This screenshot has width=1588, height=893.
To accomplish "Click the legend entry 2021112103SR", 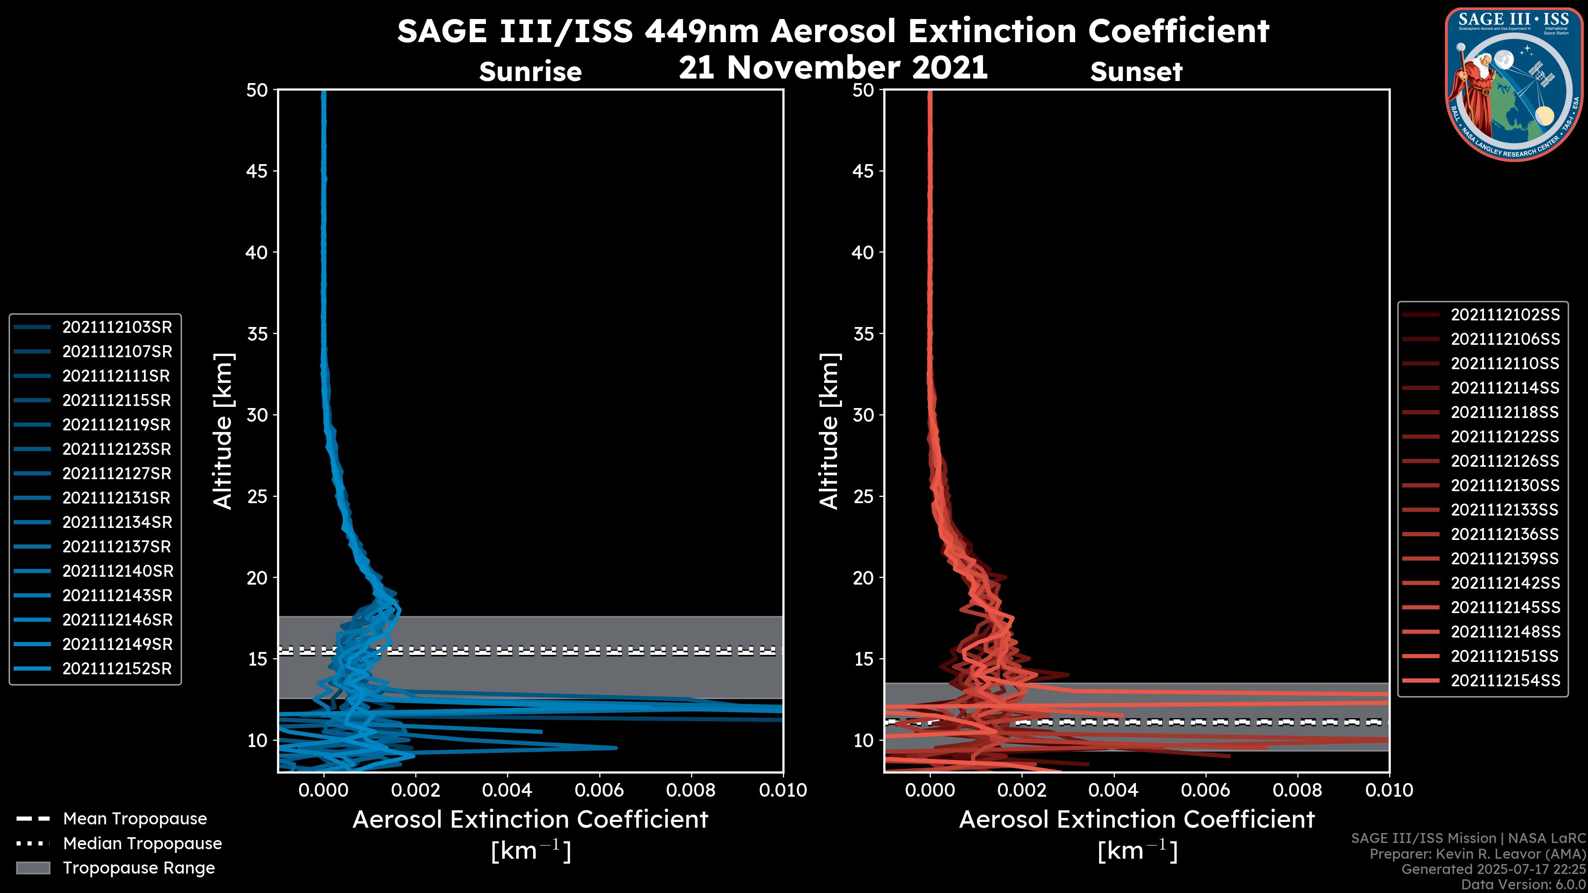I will click(117, 327).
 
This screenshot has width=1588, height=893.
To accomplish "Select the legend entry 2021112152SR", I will click(117, 669).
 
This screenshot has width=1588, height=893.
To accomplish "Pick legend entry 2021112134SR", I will click(117, 523).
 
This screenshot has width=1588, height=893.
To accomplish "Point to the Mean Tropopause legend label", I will click(135, 819).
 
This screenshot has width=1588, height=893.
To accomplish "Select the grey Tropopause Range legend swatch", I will click(33, 868).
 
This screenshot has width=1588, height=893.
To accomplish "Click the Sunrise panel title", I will click(530, 72).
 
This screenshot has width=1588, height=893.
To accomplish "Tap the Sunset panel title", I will click(1136, 72).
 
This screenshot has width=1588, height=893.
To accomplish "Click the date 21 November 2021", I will click(833, 68).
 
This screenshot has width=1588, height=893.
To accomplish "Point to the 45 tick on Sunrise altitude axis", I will click(257, 171).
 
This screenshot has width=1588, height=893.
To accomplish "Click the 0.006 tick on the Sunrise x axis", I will click(598, 790).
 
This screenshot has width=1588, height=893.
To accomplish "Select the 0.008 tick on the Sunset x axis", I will click(1298, 790).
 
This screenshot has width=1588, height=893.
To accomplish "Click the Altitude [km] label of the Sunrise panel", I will click(222, 431).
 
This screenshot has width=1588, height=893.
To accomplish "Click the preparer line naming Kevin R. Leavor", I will click(1478, 854).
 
